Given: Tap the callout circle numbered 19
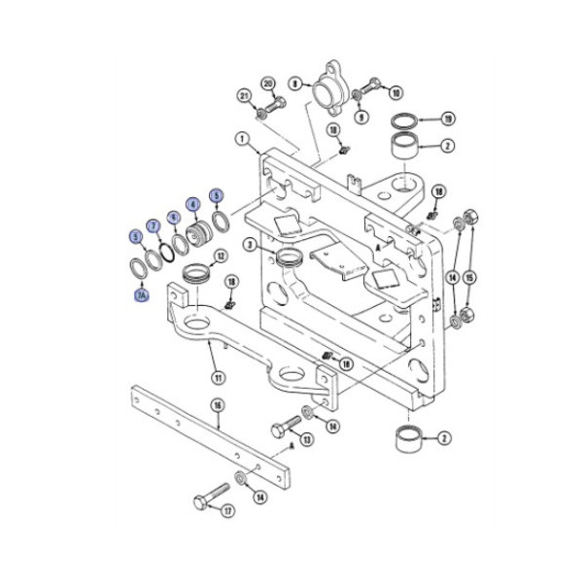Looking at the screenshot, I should (x=448, y=119).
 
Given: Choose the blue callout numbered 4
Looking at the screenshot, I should (x=193, y=205).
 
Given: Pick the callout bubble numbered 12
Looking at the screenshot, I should (x=221, y=257).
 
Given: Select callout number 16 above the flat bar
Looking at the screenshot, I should (x=216, y=404).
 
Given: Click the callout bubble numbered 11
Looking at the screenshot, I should (x=217, y=377).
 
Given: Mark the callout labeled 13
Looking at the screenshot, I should (x=307, y=440).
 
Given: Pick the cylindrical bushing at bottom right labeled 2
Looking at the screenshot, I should (x=407, y=442).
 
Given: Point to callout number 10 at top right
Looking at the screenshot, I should (x=394, y=92).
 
